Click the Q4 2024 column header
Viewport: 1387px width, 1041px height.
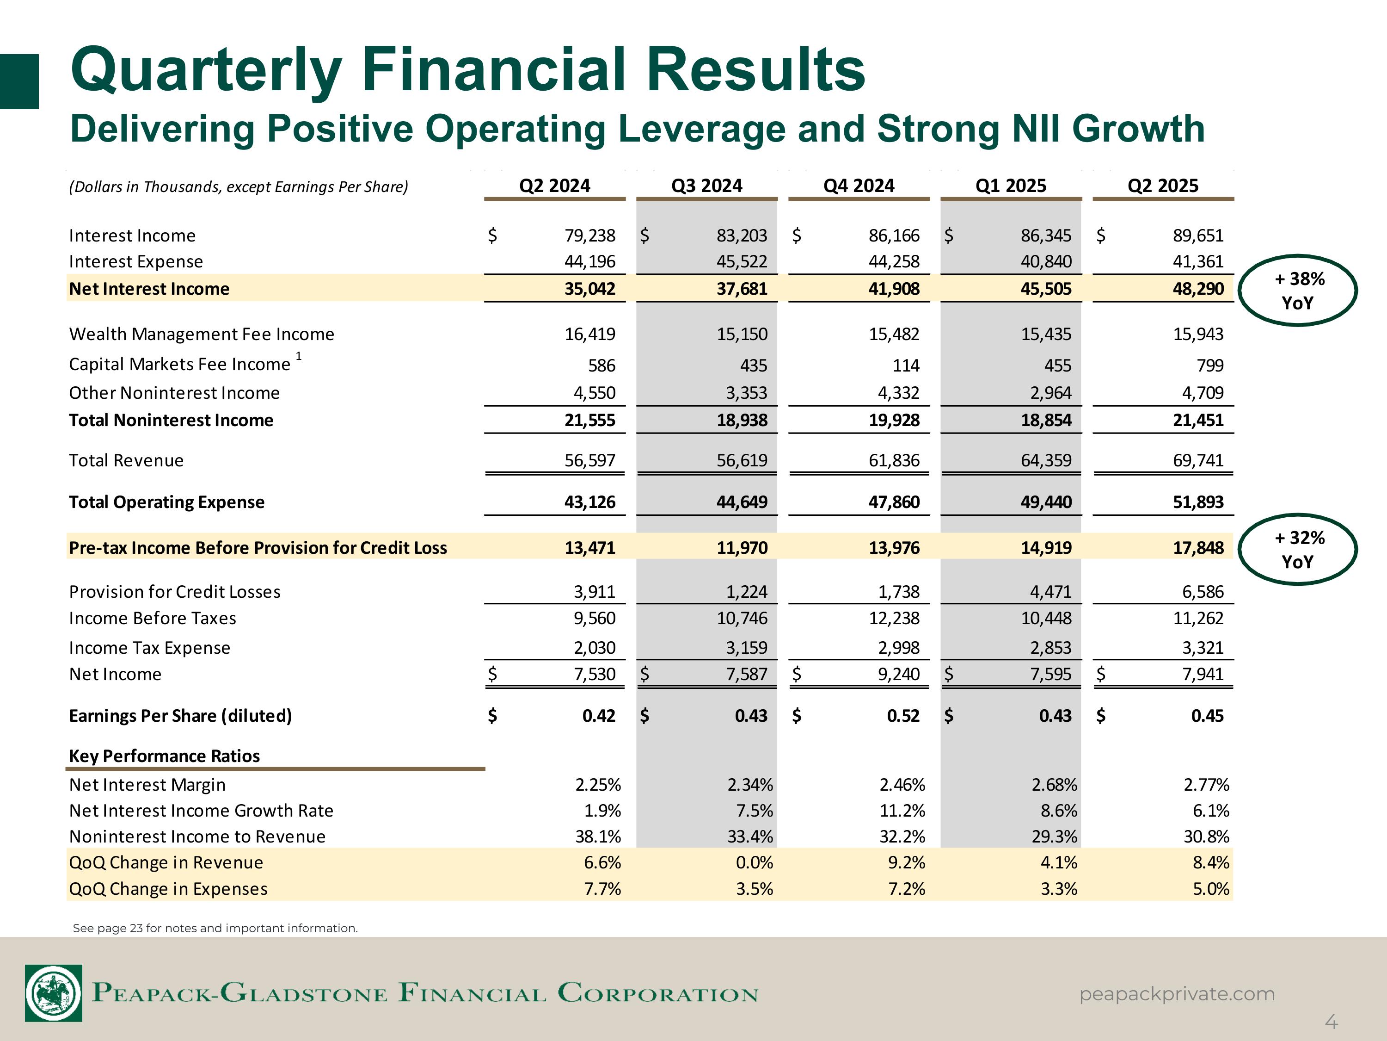point(859,186)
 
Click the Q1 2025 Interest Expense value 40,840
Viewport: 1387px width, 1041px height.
point(1046,262)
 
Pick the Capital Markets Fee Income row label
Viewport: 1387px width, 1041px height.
point(179,364)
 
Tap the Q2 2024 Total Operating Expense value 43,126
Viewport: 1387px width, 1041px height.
point(589,502)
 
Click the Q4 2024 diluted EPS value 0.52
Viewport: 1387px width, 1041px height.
point(903,716)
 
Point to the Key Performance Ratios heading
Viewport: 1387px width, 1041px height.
point(164,756)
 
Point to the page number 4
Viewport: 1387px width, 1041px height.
point(1331,1023)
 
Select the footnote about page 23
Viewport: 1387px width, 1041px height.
point(215,928)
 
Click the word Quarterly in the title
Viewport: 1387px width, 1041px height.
point(207,70)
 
